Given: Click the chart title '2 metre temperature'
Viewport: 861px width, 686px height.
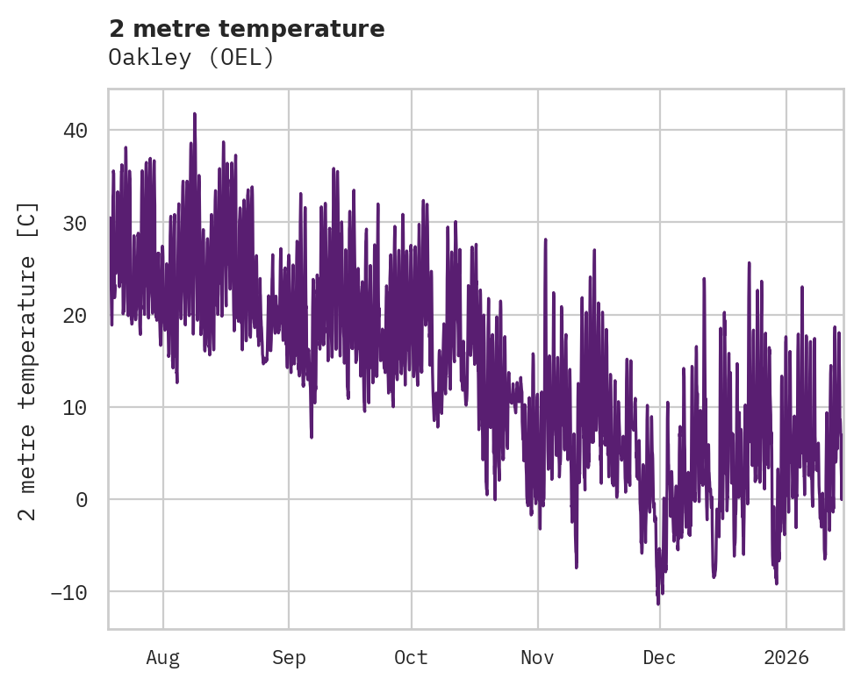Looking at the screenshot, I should (x=247, y=29).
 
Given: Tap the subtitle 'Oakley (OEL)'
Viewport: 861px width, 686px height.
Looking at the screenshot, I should (x=191, y=58).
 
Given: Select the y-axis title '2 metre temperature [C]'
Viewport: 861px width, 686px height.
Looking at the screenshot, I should (x=28, y=361).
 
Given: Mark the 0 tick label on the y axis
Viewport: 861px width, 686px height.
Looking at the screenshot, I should (x=81, y=500).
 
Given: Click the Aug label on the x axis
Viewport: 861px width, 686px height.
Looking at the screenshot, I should (x=163, y=657).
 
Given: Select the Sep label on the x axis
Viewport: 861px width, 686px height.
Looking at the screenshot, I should (x=288, y=657).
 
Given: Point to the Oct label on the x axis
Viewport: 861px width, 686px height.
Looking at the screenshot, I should (x=411, y=657).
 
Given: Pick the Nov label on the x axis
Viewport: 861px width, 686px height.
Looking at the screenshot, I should (x=537, y=657).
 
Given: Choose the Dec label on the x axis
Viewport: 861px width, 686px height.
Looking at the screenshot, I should (x=660, y=657).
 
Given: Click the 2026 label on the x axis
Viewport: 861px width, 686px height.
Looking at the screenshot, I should (x=786, y=657).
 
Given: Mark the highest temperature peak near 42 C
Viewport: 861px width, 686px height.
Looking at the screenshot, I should (x=195, y=114).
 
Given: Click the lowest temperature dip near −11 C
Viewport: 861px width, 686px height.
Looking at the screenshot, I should (x=658, y=604).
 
